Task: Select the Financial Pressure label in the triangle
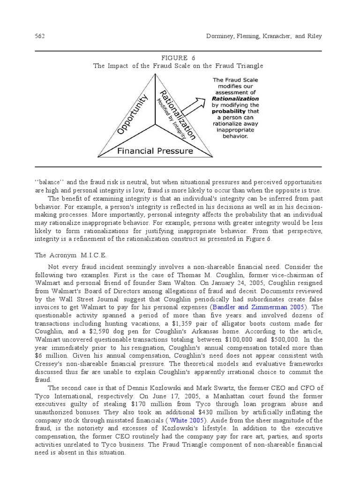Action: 155,151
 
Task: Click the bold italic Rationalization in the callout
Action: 235,99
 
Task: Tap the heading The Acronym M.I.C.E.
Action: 71,255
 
